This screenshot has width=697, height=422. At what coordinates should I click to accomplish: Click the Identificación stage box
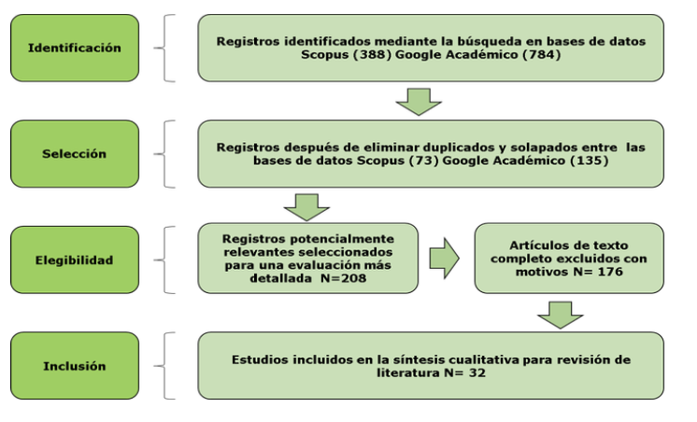click(75, 48)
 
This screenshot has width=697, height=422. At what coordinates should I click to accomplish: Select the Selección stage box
click(75, 154)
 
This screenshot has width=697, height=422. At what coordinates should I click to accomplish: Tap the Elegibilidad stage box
click(75, 260)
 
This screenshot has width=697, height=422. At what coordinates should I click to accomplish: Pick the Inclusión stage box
click(75, 366)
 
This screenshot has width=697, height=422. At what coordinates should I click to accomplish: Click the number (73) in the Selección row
click(423, 161)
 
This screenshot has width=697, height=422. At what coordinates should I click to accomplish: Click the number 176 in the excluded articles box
click(610, 272)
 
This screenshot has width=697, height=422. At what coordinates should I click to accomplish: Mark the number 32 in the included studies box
click(477, 373)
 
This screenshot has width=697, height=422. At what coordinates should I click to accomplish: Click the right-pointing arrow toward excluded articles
click(444, 258)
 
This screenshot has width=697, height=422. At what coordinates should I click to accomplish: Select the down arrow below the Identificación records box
click(419, 102)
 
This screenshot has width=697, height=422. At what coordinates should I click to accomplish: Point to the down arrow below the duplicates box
click(306, 207)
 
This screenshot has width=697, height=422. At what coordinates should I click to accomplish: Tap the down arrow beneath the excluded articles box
click(560, 316)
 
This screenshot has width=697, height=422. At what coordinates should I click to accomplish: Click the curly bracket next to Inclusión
click(164, 366)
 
